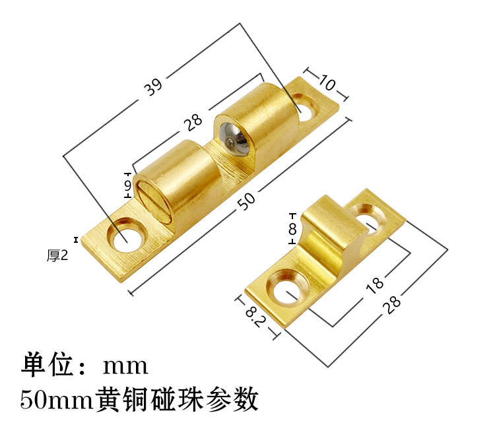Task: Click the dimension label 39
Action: point(153,86)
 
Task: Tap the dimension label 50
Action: point(246,203)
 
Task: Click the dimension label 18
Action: point(374,284)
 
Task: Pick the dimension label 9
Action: point(127,187)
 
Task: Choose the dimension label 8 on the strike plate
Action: point(291,229)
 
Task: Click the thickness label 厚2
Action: point(57,255)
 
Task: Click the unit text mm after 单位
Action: point(125,365)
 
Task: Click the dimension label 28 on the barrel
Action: point(192,121)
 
